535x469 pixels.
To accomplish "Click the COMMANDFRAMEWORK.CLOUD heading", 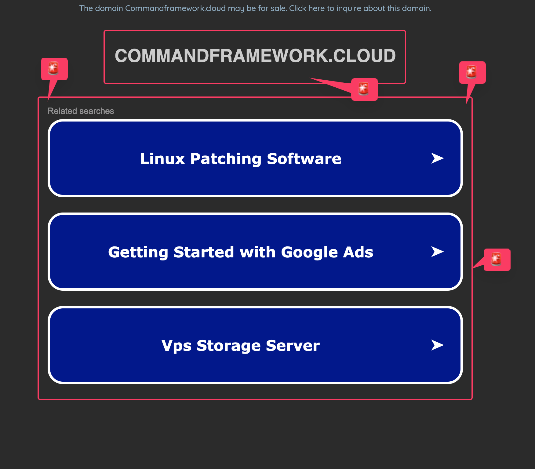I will coord(255,56).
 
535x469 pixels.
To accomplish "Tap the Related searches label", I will coord(81,111).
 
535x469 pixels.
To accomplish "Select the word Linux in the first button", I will coord(162,159).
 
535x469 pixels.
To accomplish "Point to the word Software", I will coord(304,159).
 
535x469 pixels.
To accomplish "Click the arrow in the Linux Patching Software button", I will coord(437,158).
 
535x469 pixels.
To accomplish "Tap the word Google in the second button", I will coord(309,252).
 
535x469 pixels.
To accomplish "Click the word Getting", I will coord(138,252).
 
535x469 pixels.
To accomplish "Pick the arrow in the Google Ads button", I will coord(437,252).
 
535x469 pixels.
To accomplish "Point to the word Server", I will coord(293,346).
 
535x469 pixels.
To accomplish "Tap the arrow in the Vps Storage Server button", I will coord(437,345).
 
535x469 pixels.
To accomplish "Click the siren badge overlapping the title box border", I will coord(364,89).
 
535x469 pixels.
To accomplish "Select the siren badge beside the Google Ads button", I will coord(497,260).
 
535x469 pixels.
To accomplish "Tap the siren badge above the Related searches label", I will coord(54,69).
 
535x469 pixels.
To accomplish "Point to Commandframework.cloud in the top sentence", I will coord(175,8).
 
